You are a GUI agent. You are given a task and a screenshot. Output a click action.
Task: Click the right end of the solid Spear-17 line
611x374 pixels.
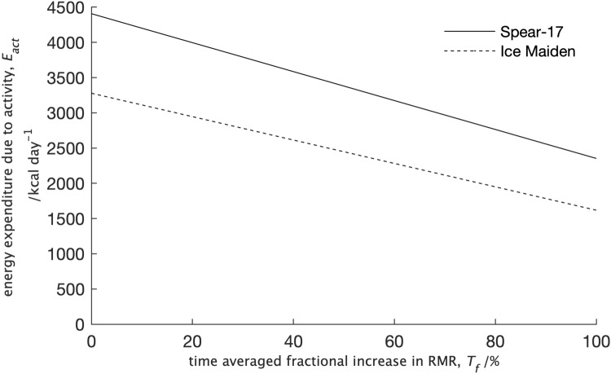596,158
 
